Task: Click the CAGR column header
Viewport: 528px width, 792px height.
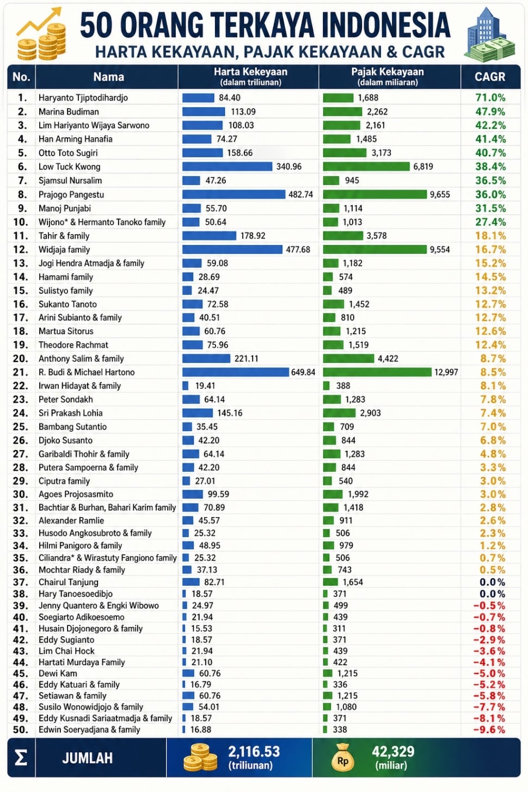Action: point(490,77)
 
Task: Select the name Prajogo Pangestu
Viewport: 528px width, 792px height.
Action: point(71,194)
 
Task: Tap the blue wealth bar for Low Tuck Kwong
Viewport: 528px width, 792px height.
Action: point(227,167)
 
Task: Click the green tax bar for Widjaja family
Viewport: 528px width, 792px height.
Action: point(375,249)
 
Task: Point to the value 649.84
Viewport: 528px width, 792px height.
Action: point(303,372)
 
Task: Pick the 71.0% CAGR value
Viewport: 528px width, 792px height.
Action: point(490,97)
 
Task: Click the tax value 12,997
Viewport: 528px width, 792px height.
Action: point(446,372)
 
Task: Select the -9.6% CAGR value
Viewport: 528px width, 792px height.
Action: point(489,729)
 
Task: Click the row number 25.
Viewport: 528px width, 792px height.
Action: point(20,427)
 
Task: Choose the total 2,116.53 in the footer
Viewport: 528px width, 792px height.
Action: point(254,752)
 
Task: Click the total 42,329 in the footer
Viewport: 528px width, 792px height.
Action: point(393,752)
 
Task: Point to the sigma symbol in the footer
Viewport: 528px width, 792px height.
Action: point(21,758)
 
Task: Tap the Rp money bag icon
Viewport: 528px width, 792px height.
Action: point(342,758)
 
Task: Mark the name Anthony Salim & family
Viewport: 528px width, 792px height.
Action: point(81,359)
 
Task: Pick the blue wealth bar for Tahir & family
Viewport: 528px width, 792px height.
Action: point(209,236)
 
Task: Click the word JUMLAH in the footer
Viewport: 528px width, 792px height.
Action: point(88,758)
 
